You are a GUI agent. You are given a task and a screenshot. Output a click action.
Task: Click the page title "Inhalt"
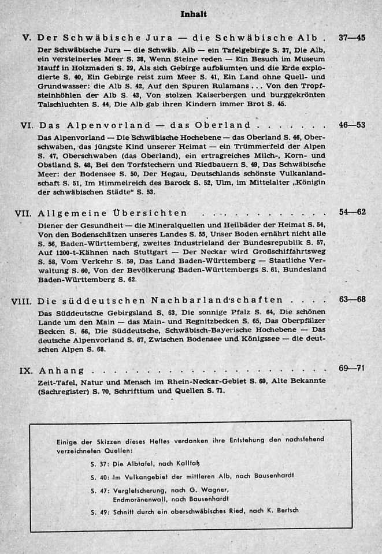coord(194,14)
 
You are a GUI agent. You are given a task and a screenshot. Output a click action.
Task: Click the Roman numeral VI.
coord(25,125)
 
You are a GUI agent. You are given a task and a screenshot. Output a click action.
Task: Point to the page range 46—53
coord(352,125)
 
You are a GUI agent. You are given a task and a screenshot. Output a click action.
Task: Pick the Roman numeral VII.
coord(23,213)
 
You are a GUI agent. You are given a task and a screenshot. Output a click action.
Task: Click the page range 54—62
coord(352,212)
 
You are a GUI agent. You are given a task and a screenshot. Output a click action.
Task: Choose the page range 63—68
coord(352,299)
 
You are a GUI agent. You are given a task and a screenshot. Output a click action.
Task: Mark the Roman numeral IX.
coord(25,370)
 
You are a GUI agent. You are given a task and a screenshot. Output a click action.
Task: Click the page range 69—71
coord(352,368)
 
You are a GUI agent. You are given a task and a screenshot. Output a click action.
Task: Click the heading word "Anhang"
coord(61,370)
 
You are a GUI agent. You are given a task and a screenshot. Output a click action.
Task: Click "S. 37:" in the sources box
coord(100,463)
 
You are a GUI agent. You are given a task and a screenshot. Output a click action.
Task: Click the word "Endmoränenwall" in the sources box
coord(139,498)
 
